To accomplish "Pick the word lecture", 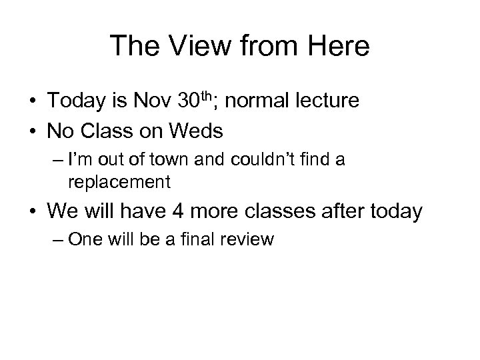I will [x=325, y=101].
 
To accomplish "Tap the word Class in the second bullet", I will [x=106, y=131].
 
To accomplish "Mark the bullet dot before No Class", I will [x=33, y=132].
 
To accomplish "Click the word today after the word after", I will [x=397, y=212].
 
